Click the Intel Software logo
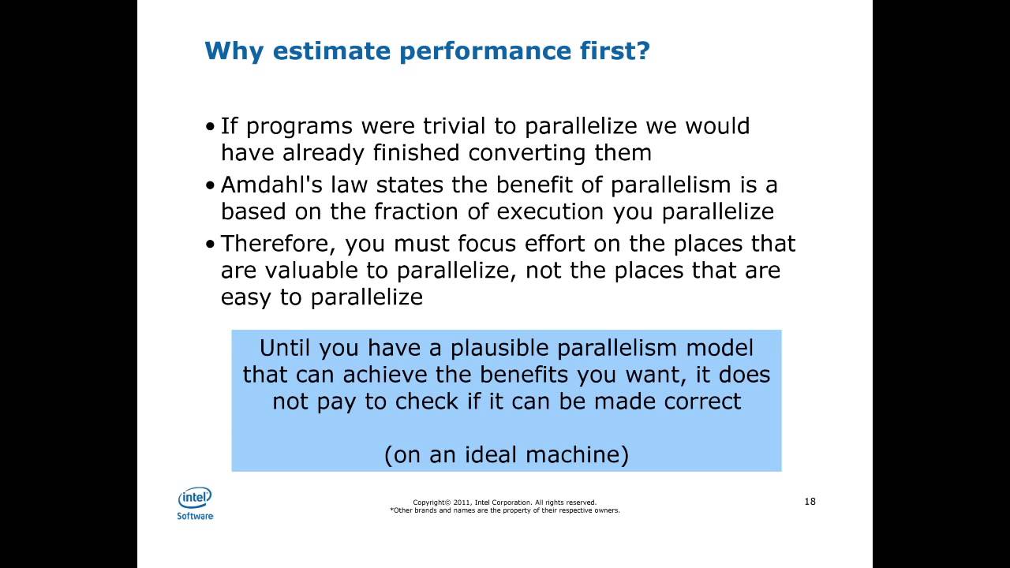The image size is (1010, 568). [195, 503]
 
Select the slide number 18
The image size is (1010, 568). [810, 501]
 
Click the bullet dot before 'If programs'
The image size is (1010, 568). [210, 127]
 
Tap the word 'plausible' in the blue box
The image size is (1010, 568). [492, 348]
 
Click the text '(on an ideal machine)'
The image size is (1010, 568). [506, 455]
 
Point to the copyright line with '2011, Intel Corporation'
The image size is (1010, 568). [505, 502]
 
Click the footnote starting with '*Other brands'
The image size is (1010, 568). [505, 510]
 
